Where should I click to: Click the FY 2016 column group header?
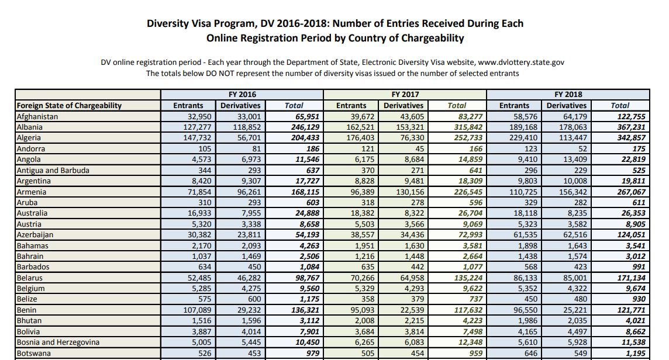(242, 94)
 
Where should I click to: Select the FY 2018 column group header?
(568, 94)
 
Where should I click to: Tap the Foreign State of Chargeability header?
(69, 105)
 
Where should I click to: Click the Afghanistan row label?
(37, 116)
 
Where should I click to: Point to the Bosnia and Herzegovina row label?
(58, 342)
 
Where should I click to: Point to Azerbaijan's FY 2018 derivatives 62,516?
(571, 234)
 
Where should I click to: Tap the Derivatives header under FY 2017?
(404, 105)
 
